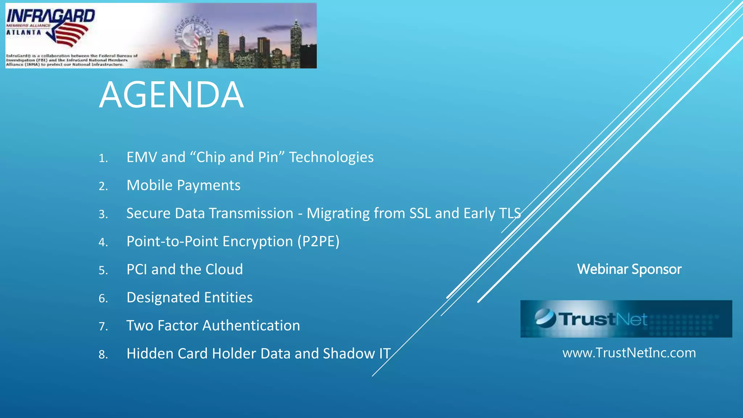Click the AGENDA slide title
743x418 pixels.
[171, 95]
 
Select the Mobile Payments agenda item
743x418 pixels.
[183, 185]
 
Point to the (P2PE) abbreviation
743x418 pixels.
[318, 242]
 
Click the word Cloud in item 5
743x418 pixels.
[224, 270]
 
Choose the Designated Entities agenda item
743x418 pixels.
[189, 298]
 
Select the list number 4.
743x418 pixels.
[103, 242]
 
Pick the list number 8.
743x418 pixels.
[103, 355]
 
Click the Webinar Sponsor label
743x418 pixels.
[629, 269]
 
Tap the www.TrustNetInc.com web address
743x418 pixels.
[629, 353]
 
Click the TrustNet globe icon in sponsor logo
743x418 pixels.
[545, 318]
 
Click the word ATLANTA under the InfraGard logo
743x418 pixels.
[24, 33]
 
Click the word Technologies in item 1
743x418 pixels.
[331, 157]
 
